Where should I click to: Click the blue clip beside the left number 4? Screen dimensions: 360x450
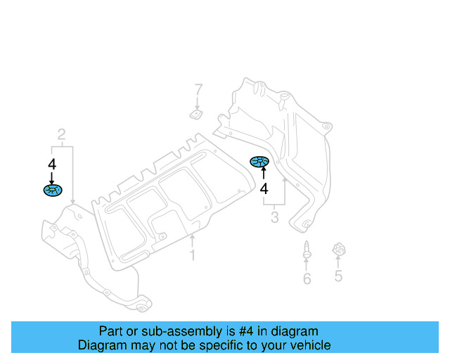tap(53, 190)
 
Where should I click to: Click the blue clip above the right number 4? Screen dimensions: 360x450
tap(260, 163)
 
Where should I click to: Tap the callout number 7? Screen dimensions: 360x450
tap(198, 90)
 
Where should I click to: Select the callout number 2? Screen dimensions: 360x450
tap(62, 134)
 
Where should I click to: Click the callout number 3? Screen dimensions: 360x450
tap(274, 219)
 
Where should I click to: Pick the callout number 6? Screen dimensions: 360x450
tap(307, 279)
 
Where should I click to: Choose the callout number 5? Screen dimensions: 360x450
tap(338, 276)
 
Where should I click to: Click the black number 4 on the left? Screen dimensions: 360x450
tap(51, 164)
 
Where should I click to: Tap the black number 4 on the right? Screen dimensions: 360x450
tap(264, 188)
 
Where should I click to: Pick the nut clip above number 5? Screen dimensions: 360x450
tap(339, 250)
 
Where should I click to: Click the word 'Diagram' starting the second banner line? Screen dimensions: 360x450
tap(101, 345)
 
